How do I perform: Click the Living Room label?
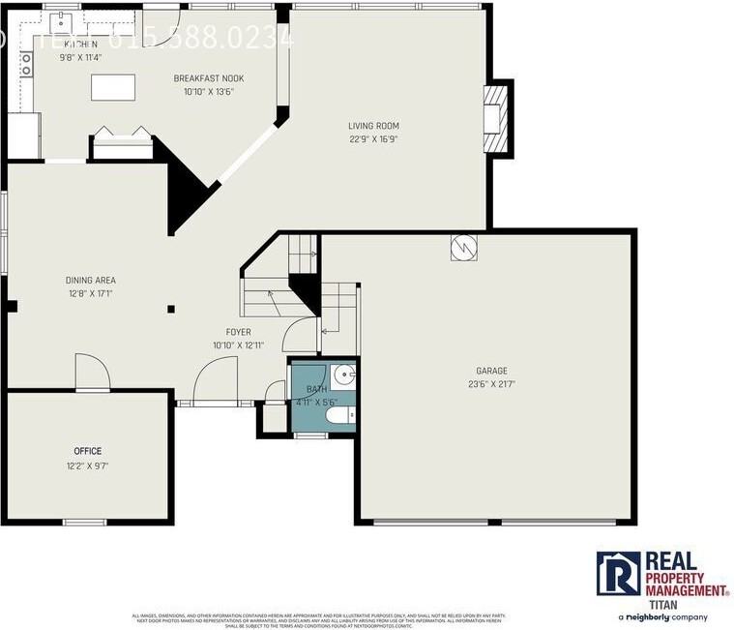click(x=373, y=126)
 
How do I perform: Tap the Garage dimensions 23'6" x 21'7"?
click(x=491, y=384)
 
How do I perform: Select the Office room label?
click(x=88, y=451)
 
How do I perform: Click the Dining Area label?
click(x=91, y=281)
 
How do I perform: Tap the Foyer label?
click(x=238, y=332)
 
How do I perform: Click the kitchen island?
click(x=113, y=87)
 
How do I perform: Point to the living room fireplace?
click(x=495, y=118)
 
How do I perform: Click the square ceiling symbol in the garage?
click(x=462, y=248)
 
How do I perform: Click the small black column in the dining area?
click(x=171, y=309)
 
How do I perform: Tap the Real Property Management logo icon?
click(x=618, y=573)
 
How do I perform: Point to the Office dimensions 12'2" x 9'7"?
click(x=88, y=465)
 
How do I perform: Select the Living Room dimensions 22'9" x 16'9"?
click(x=373, y=138)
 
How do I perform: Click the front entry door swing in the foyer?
click(x=216, y=380)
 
